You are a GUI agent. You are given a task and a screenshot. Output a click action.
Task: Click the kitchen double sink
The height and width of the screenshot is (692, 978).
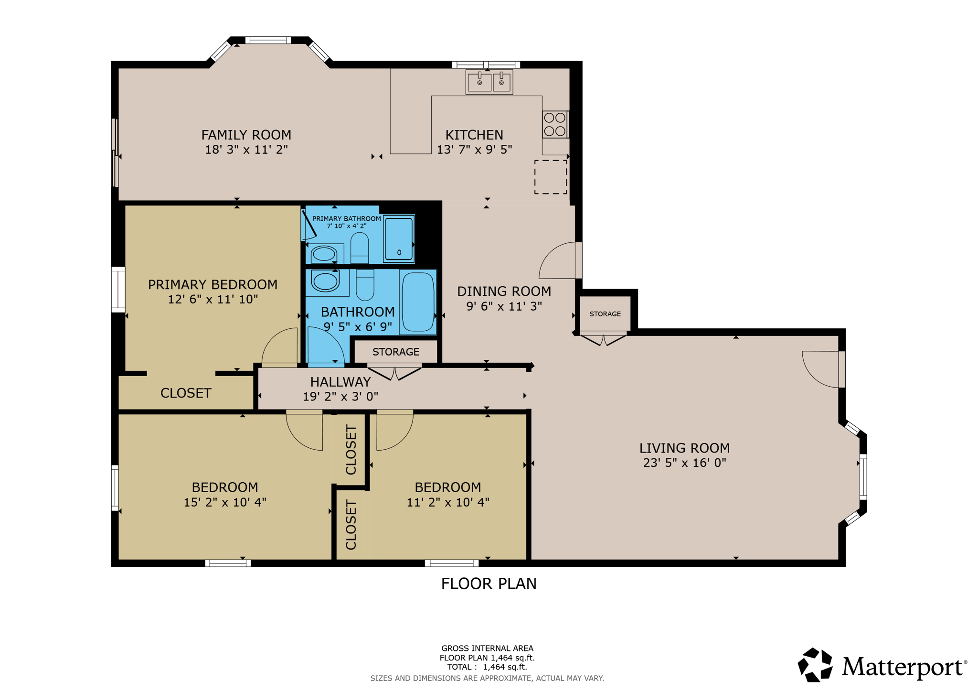coord(489,82)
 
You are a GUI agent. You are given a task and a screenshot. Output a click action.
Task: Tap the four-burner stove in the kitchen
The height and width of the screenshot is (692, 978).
coord(554,124)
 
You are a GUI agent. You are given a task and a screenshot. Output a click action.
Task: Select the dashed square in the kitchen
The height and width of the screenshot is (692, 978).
coord(550,177)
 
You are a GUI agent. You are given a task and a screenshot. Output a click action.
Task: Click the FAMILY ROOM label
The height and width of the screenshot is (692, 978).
coord(246,135)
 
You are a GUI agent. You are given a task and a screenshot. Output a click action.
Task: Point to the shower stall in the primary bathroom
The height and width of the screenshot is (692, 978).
coord(398,238)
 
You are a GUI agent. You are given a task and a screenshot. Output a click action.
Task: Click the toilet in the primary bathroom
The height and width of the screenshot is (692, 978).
coord(359,247)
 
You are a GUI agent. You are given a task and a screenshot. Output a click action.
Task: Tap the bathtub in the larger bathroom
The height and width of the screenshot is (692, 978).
coord(418,302)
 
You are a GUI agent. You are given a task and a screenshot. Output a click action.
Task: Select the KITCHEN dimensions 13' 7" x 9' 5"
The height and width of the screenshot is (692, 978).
coord(474,150)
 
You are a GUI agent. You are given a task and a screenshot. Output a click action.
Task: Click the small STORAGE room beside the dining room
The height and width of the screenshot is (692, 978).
coord(605,314)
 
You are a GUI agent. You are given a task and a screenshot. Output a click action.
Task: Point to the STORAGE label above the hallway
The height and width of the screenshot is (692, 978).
coord(395,352)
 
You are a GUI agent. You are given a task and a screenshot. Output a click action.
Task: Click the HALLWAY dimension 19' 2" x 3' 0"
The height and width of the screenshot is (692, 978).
coord(340,396)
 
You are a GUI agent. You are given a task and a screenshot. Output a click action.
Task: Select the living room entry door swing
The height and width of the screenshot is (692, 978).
coord(820,369)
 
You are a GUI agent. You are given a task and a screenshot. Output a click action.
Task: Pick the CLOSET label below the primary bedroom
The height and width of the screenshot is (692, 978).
coord(185,393)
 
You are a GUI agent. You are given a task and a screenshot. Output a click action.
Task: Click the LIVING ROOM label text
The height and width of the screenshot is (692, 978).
coord(684,448)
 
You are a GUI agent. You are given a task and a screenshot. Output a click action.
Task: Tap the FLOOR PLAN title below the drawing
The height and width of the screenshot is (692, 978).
coord(489,584)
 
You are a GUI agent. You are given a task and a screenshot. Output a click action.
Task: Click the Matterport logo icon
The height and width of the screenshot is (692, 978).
coord(815,665)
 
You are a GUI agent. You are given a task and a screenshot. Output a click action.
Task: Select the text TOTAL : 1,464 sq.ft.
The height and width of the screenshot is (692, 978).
coord(487,667)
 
